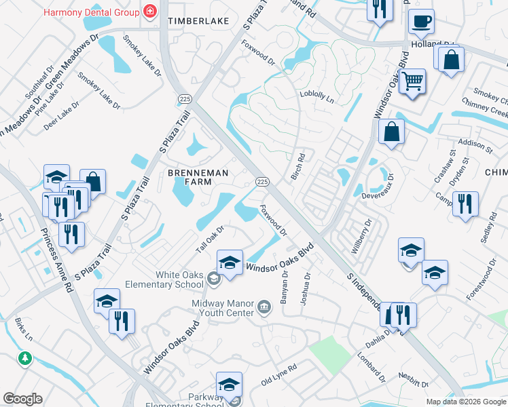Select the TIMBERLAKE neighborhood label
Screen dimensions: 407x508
(x=198, y=22)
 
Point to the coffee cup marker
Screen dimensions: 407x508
(x=421, y=22)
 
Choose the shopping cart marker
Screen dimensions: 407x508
(x=412, y=82)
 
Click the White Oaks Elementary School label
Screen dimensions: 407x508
(x=179, y=279)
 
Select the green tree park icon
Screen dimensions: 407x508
(x=25, y=357)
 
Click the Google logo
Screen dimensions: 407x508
(x=22, y=399)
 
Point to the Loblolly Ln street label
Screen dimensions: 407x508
(x=317, y=97)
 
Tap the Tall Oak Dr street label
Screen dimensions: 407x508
(x=210, y=240)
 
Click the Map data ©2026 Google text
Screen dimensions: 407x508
(x=465, y=401)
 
